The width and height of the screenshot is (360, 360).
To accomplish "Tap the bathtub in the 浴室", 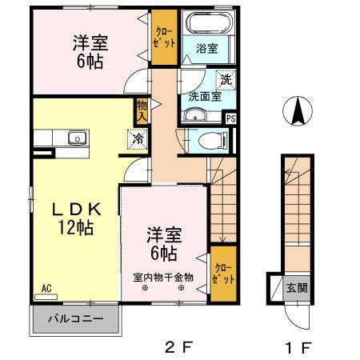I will coord(206,24).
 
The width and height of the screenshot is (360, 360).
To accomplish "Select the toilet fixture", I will coord(210,142).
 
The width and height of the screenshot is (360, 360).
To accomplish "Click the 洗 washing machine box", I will coord(226,80).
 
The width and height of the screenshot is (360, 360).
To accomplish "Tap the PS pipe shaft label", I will coord(231,119).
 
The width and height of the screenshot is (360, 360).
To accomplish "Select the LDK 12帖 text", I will coord(76,218).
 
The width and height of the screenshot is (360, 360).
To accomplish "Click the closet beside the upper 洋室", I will coord(165,38).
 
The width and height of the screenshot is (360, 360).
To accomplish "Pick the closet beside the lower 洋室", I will coord(223,274).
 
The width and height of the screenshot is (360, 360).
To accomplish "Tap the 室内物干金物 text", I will coord(162,278).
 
